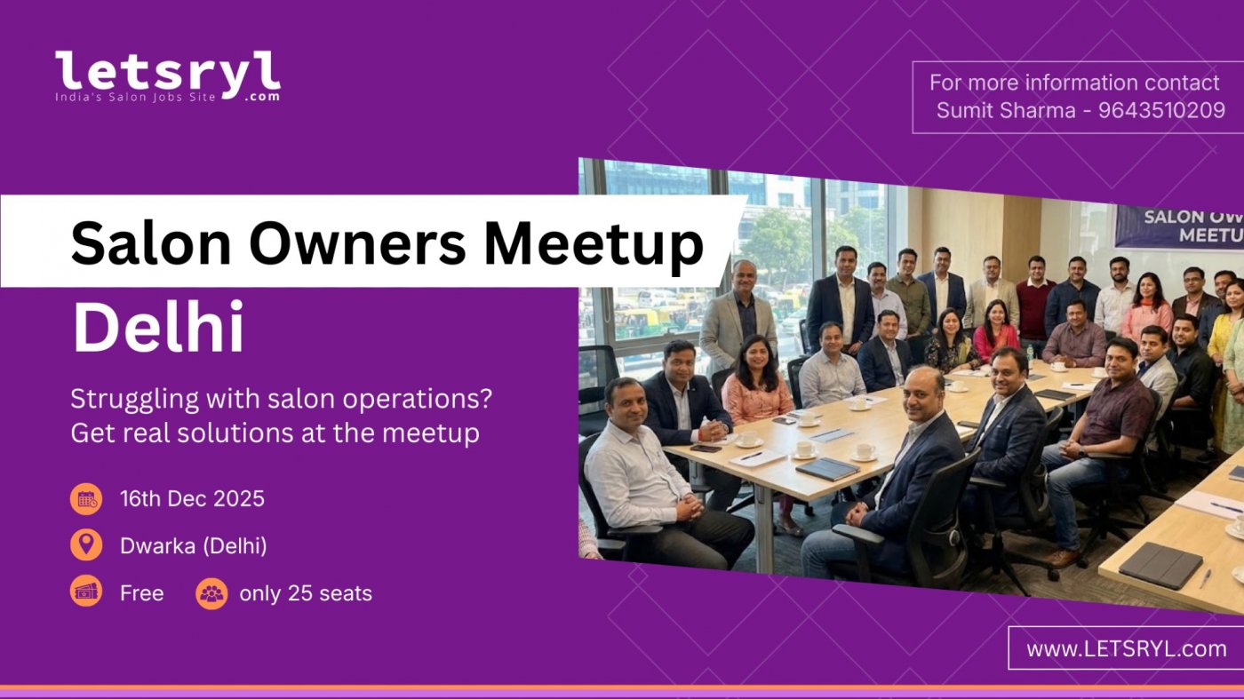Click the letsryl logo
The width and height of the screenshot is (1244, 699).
point(168,75)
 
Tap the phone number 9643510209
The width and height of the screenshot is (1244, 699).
point(1161,111)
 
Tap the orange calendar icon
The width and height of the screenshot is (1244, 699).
point(86,498)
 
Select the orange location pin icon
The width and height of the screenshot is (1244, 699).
point(86,545)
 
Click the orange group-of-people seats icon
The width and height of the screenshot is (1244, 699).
point(211,593)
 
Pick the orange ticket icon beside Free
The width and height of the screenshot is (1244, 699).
point(86,592)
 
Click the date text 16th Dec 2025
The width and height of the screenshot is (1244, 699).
point(192,498)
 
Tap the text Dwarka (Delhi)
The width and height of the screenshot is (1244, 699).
point(194,545)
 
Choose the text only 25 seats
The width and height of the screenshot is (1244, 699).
point(306,593)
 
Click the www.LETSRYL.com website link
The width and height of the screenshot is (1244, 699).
point(1126,648)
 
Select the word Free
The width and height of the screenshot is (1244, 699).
point(142,593)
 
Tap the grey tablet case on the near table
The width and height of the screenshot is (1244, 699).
point(1160,564)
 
